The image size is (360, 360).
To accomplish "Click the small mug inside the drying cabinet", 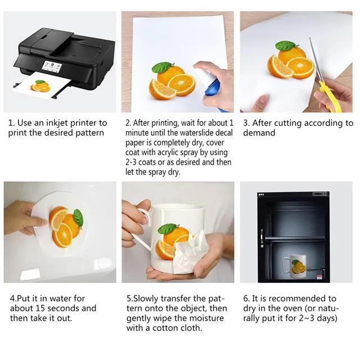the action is pos(294,267).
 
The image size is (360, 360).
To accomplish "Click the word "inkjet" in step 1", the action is pos(57,123).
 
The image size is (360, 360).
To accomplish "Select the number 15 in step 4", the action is pos(41,308).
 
